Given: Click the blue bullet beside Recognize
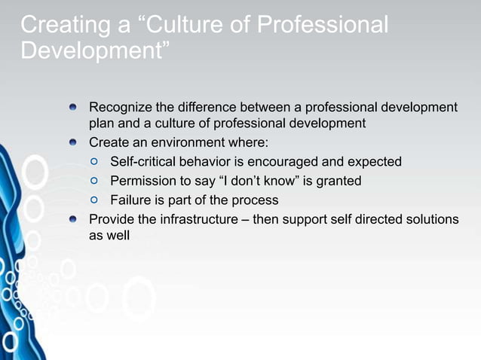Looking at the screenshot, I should (73, 108).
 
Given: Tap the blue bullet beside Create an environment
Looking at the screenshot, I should (73, 142).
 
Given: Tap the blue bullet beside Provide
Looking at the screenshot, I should (73, 219).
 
